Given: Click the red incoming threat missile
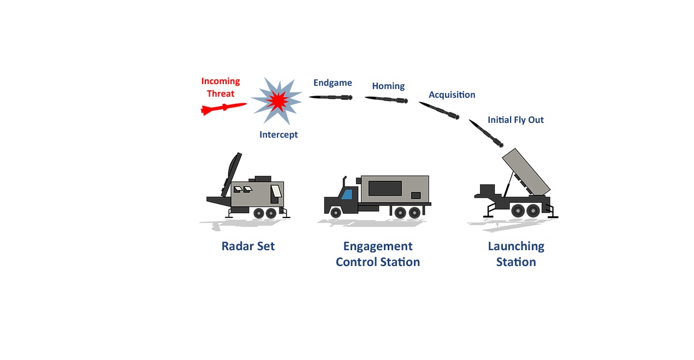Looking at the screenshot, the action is click(224, 109).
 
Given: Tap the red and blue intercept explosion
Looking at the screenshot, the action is click(277, 101).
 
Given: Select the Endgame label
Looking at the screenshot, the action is click(333, 83).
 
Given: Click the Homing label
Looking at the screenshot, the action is click(388, 86).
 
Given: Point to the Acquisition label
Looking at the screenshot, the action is click(452, 95).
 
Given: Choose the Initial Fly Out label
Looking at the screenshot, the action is click(515, 120).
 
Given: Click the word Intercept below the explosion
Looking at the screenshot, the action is click(278, 134).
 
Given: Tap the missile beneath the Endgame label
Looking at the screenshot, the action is click(330, 97).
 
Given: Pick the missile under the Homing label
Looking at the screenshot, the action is click(387, 99).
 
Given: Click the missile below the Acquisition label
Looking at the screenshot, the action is click(440, 110).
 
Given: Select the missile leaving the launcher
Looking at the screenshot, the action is click(486, 133).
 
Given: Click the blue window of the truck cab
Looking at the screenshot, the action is click(347, 194).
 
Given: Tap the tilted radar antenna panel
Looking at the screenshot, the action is click(232, 175).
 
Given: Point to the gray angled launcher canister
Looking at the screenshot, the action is click(526, 172).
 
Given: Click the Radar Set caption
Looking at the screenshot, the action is click(248, 246).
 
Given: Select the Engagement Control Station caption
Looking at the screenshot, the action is click(378, 254).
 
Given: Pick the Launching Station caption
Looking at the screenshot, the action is click(516, 254).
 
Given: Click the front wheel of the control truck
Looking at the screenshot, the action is click(336, 213).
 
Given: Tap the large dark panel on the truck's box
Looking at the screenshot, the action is click(385, 188).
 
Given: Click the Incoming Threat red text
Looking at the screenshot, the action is click(220, 87).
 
